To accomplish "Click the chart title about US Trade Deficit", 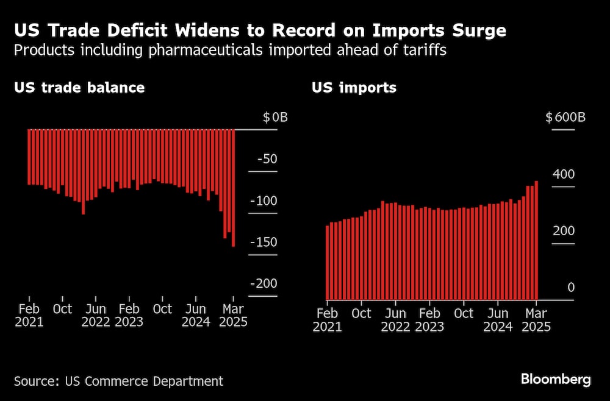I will click(260, 30).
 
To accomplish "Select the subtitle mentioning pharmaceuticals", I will click(231, 50).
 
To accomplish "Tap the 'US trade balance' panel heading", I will click(79, 87).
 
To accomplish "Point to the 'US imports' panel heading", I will click(354, 87).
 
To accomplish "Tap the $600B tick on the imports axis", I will click(565, 117).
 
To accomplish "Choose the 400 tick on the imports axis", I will click(564, 174).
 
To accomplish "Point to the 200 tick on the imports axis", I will click(564, 231).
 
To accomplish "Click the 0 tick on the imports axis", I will click(571, 288).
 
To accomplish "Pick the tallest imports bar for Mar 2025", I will click(536, 240).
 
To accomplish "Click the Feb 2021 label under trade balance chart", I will click(29, 315).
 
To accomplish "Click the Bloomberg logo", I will click(556, 379).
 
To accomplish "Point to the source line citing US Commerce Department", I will click(118, 381).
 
